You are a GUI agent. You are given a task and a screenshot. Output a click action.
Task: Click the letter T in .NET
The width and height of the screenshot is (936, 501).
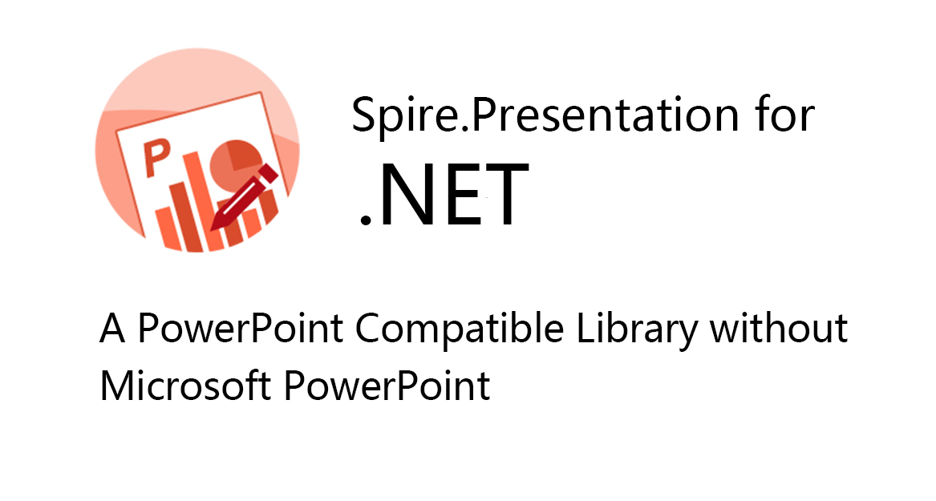click(507, 195)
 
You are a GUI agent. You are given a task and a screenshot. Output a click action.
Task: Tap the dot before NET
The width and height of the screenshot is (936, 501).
click(365, 220)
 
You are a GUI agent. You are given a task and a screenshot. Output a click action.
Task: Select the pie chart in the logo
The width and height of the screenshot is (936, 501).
click(234, 167)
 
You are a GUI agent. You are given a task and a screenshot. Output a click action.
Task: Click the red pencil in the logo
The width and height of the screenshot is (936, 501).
click(244, 197)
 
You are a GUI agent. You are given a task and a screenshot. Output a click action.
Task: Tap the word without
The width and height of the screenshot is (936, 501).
click(779, 328)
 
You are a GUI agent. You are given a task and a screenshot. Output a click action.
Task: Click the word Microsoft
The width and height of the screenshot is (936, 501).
click(185, 385)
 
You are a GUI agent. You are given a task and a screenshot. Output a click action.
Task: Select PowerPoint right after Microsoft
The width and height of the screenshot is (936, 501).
click(387, 385)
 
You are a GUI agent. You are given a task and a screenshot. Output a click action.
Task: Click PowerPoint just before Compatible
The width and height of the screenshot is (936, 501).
click(240, 328)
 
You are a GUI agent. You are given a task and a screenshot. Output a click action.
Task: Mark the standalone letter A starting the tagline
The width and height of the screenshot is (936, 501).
click(112, 328)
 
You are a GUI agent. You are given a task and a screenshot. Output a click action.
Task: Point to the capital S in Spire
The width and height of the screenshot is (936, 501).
click(363, 115)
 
